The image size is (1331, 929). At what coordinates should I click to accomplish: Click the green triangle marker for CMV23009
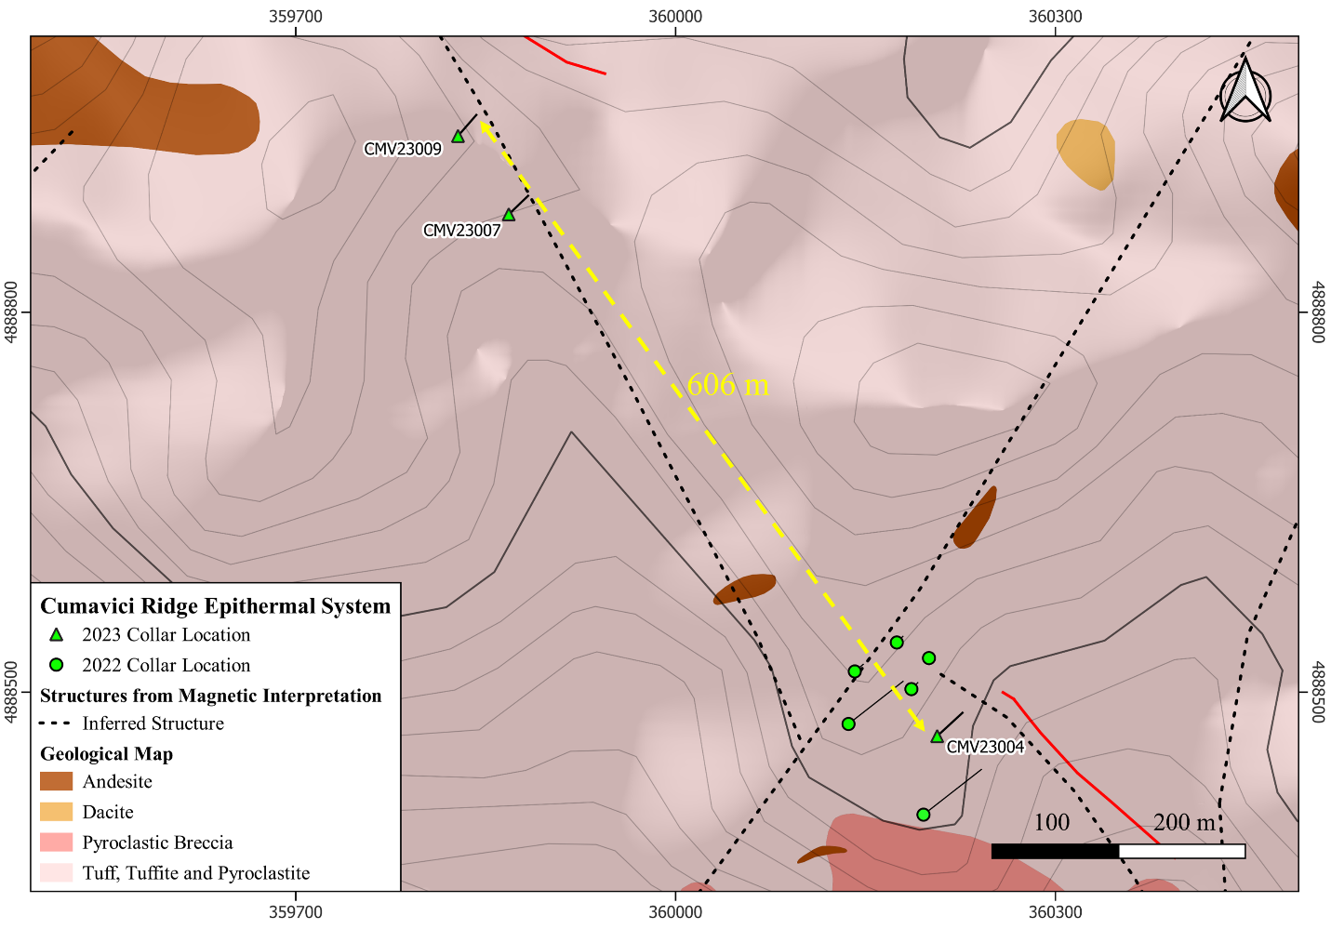[458, 137]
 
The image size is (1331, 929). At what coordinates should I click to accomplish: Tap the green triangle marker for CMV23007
[509, 215]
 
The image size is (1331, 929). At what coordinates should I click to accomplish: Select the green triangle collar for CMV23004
[937, 737]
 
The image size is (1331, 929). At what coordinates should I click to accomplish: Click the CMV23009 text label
[403, 150]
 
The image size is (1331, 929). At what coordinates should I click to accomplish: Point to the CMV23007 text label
[462, 231]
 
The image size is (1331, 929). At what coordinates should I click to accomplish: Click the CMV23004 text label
[985, 747]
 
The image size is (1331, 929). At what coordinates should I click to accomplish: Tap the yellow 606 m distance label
[728, 384]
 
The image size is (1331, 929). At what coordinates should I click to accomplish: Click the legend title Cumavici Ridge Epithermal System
[215, 606]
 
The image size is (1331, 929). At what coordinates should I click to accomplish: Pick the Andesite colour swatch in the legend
[56, 781]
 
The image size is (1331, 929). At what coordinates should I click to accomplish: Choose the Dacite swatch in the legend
[56, 812]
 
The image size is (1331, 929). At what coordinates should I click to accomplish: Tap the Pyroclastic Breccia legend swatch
[56, 843]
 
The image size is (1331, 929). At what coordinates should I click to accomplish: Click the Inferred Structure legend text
[153, 723]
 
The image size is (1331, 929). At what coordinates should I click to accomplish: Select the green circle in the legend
[56, 665]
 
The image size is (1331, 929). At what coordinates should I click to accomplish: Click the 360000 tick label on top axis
[675, 17]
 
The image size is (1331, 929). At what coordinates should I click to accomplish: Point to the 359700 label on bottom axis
[296, 912]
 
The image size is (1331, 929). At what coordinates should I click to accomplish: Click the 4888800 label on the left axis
[12, 313]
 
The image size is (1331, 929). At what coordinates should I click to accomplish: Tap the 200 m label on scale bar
[1184, 822]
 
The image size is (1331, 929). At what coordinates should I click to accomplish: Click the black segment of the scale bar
[1055, 851]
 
